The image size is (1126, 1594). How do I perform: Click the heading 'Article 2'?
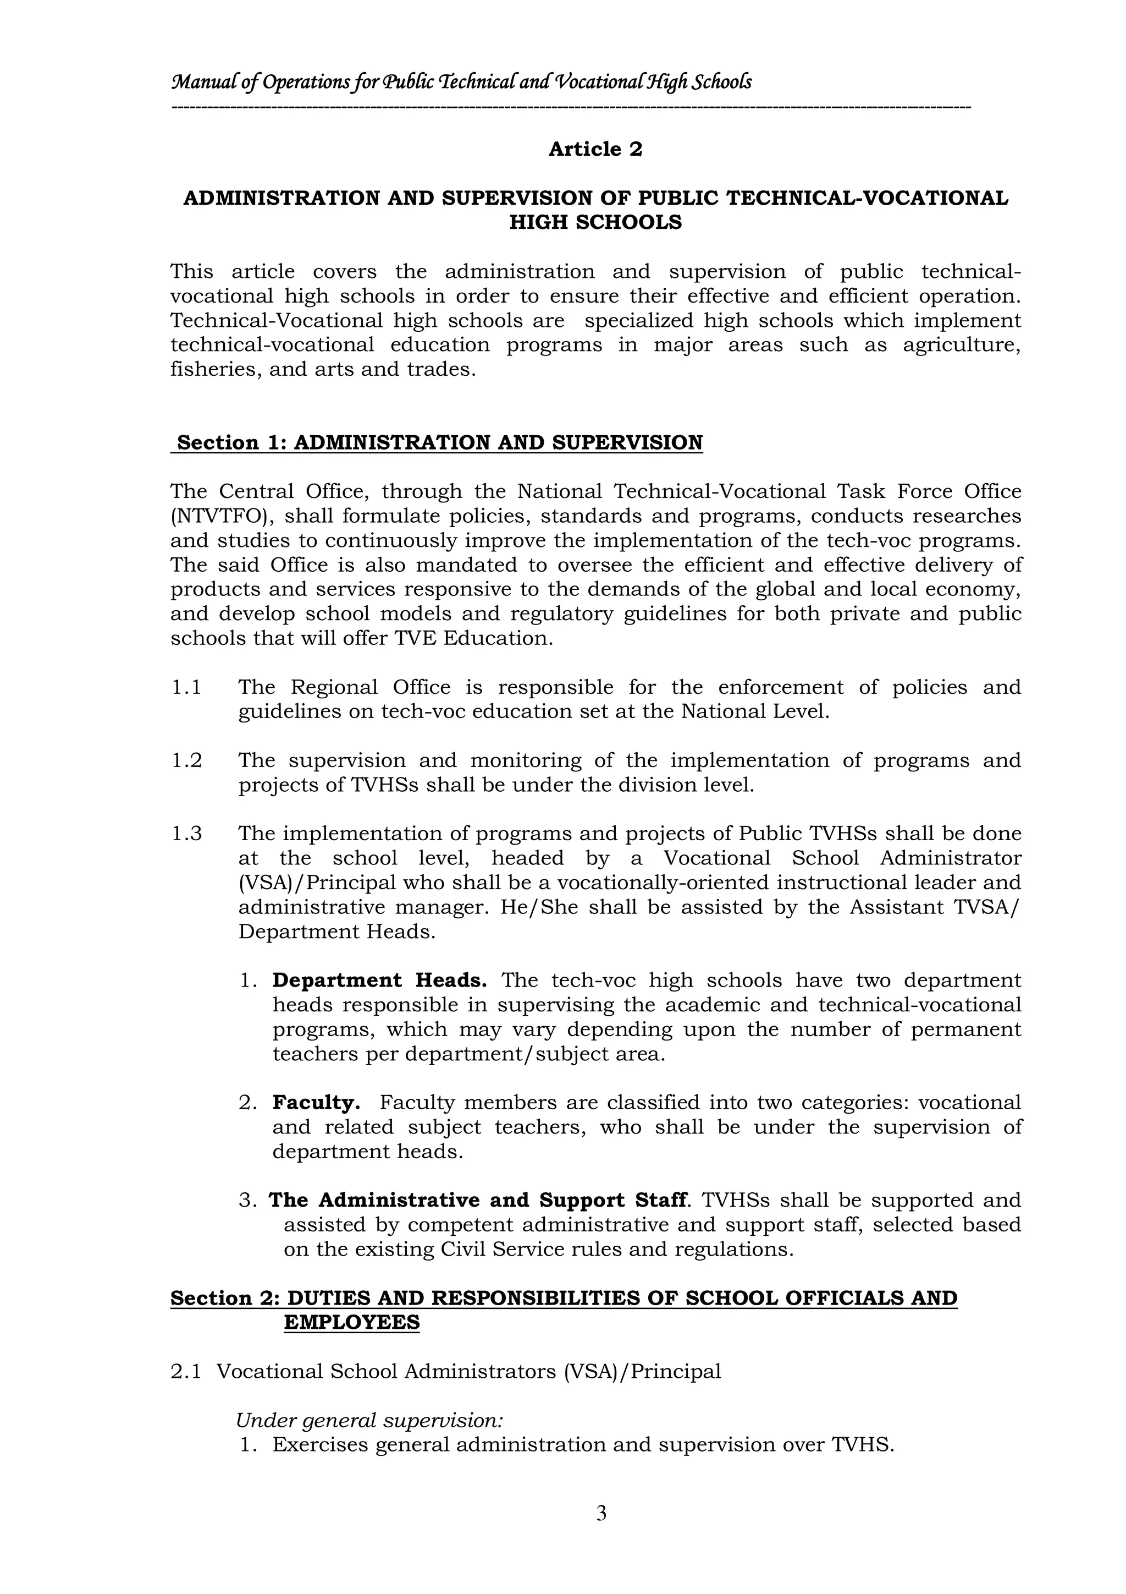595,149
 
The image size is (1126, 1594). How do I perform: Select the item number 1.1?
186,687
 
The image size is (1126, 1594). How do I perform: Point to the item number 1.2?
186,760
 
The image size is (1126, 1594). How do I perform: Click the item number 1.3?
186,834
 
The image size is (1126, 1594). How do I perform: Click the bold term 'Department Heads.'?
379,980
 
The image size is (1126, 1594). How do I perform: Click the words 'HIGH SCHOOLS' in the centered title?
595,223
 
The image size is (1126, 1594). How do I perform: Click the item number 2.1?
185,1371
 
